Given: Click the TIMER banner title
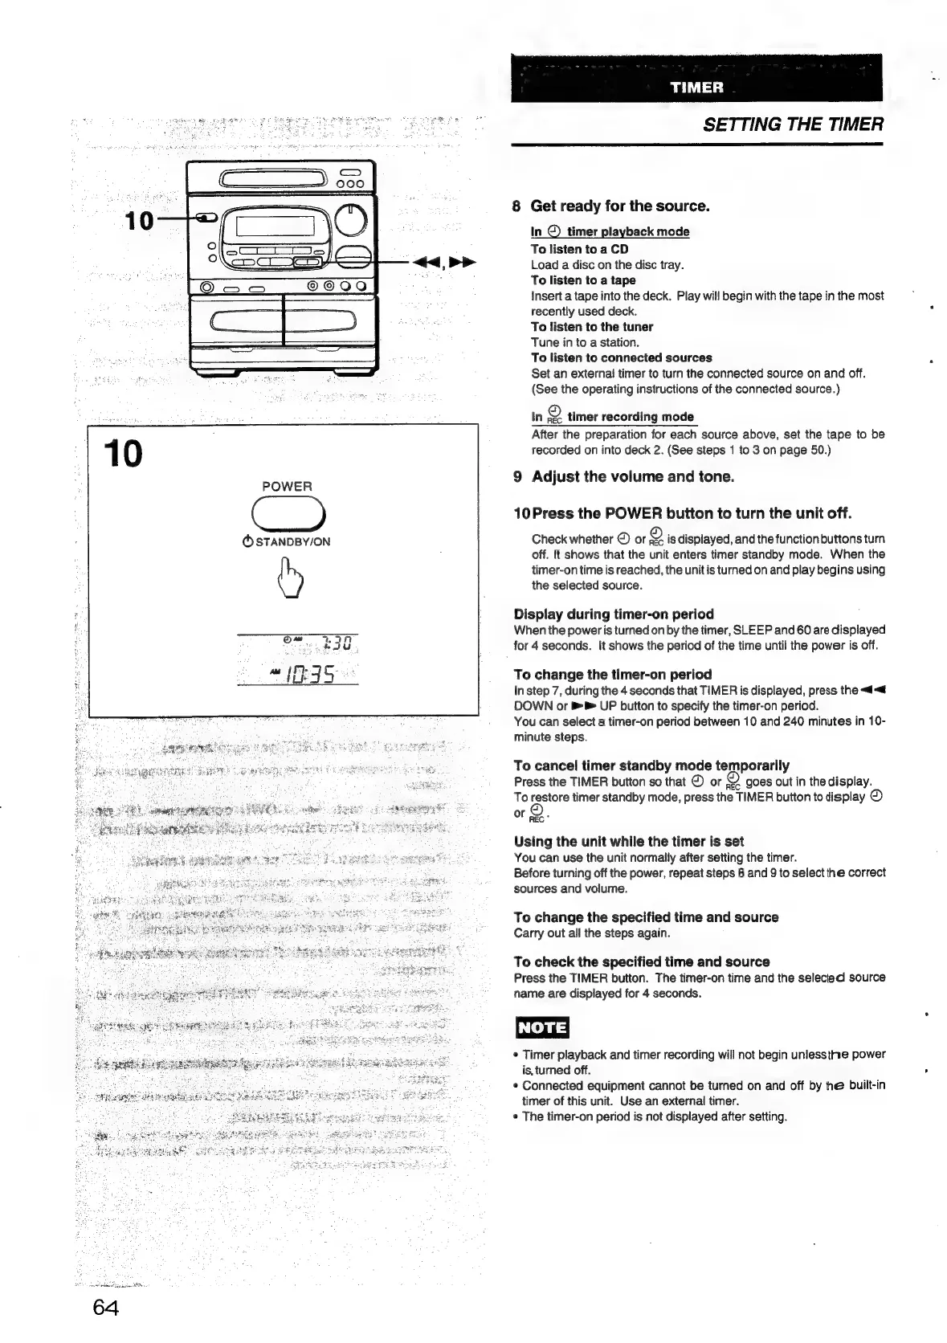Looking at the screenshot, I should click(x=697, y=88).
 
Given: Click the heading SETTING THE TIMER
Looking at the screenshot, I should click(x=792, y=125).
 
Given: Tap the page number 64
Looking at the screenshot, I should click(x=106, y=1307).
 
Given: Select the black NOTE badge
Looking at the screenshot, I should click(x=542, y=1028).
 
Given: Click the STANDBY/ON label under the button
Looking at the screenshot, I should click(x=287, y=541).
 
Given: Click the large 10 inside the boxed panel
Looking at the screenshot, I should click(x=123, y=455).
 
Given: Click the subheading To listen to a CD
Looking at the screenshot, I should click(x=579, y=249).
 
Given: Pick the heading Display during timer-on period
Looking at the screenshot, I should click(x=614, y=614).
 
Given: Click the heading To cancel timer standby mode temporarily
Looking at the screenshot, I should click(x=651, y=765).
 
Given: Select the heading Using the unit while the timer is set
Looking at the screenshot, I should click(x=629, y=841).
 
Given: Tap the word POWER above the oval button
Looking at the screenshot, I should click(x=287, y=486).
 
